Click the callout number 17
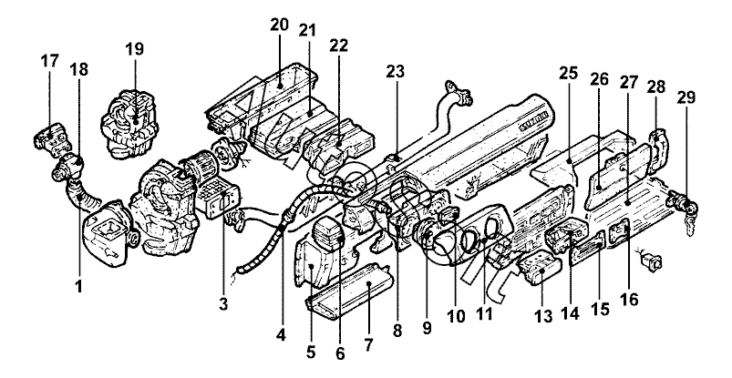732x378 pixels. tap(49, 61)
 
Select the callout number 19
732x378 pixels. tap(134, 49)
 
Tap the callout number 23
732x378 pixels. tap(395, 71)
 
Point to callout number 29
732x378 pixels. tap(686, 97)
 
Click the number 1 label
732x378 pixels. tap(79, 286)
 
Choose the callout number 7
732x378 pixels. tap(368, 345)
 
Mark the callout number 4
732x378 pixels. tap(281, 334)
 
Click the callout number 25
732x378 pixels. tap(568, 73)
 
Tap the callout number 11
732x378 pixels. tap(484, 314)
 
